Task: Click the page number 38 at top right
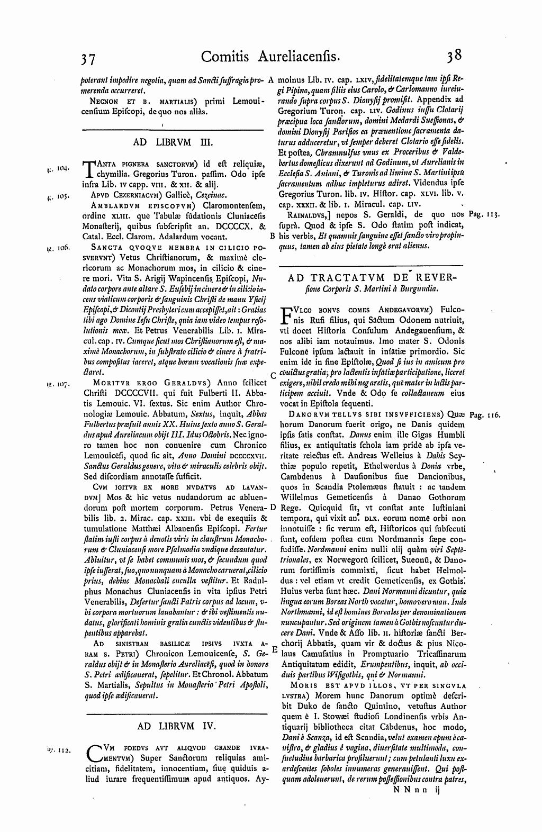pyautogui.click(x=455, y=56)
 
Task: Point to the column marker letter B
pyautogui.click(x=272, y=236)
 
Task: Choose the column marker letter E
pyautogui.click(x=274, y=649)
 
